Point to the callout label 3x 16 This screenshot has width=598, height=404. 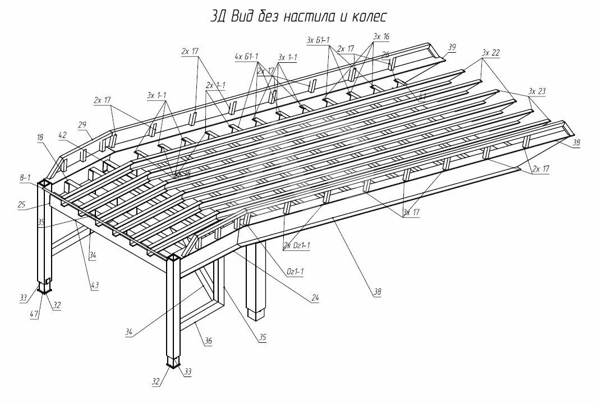click(x=381, y=36)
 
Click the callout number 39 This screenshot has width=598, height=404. click(x=452, y=46)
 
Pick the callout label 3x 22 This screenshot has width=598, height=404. click(x=490, y=53)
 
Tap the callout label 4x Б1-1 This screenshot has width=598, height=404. click(x=246, y=57)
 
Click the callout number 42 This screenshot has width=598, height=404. click(x=62, y=135)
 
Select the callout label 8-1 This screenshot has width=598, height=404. click(x=25, y=177)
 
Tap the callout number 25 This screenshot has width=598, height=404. click(x=22, y=205)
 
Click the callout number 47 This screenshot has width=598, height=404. click(x=35, y=315)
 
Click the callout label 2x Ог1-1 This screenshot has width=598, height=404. click(x=297, y=245)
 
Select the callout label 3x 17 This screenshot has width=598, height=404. click(x=411, y=212)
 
